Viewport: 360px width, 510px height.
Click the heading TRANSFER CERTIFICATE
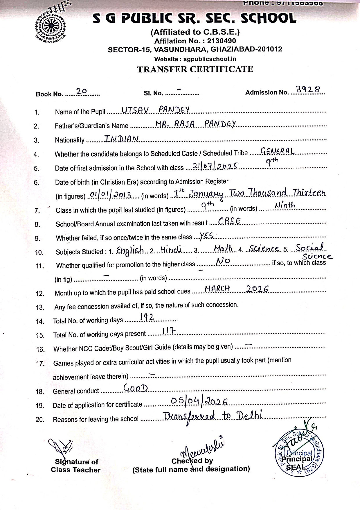coord(195,69)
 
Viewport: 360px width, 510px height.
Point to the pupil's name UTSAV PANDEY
coord(155,110)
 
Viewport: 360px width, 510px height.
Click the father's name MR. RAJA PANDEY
coord(195,124)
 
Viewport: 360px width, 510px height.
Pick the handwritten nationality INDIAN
coord(121,138)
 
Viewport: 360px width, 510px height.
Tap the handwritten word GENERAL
coord(278,151)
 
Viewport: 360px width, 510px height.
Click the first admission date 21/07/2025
coord(215,166)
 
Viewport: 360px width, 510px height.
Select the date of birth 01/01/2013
coord(111,194)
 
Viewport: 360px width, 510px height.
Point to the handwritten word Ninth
coord(285,206)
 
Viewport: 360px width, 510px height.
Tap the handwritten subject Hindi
coord(171,249)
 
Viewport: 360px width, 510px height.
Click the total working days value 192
coord(147,317)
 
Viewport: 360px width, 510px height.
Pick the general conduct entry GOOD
coord(136,388)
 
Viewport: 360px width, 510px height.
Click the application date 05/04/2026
coord(199,402)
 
